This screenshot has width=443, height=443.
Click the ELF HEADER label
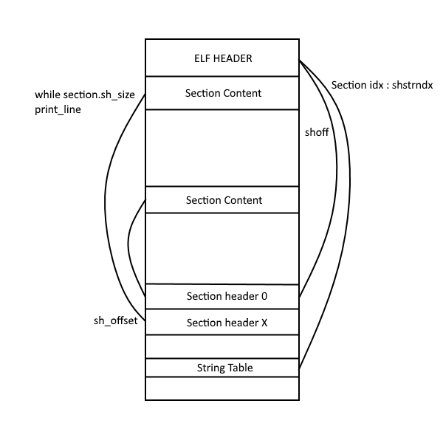221,58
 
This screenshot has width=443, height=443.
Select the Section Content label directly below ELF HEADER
224,94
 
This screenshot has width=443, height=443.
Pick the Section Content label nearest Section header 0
224,200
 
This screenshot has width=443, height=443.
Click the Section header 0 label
226,296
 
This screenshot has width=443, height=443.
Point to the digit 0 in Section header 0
264,296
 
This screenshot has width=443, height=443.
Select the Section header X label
226,323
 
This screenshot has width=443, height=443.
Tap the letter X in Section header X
264,323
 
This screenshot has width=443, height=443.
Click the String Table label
224,367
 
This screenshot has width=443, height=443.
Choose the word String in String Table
210,367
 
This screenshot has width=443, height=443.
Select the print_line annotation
58,109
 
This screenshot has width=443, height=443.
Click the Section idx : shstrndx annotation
381,85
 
